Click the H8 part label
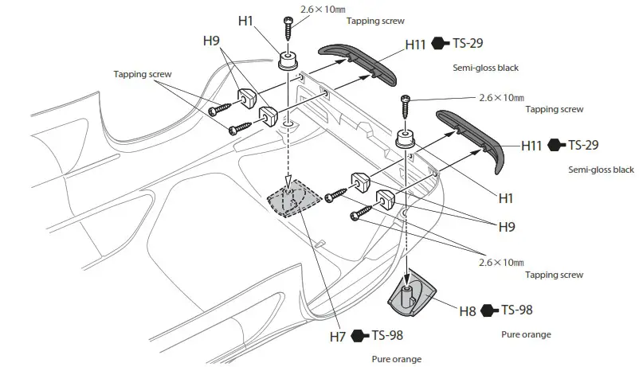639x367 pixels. (467, 310)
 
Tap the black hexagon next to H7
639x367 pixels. (359, 335)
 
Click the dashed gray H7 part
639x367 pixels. (293, 197)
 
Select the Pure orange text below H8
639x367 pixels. (526, 334)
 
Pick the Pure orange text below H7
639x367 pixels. (397, 359)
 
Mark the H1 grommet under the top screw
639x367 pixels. (288, 61)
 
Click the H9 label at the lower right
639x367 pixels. (506, 226)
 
